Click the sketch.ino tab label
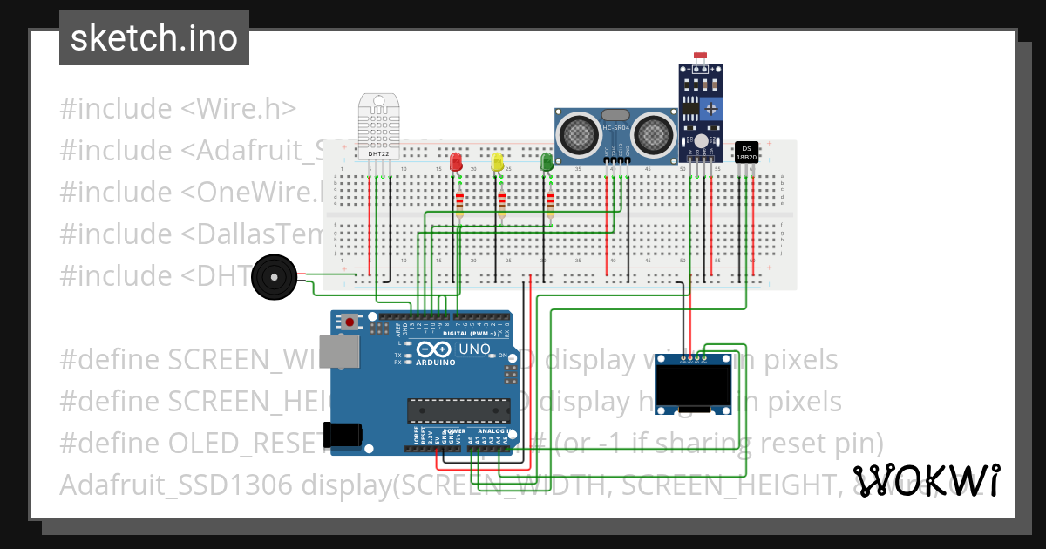(x=153, y=38)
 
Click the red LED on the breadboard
(x=455, y=162)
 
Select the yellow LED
(x=497, y=162)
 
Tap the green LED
(x=547, y=161)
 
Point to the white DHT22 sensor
(x=379, y=129)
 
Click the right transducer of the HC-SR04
(x=653, y=134)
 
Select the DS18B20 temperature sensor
(x=746, y=152)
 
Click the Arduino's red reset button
(x=350, y=322)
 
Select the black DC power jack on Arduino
(x=342, y=435)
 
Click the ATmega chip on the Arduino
(x=459, y=410)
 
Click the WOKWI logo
(x=926, y=480)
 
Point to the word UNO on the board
(x=476, y=349)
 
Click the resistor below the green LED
(x=550, y=204)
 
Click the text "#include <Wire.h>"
(x=178, y=109)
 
